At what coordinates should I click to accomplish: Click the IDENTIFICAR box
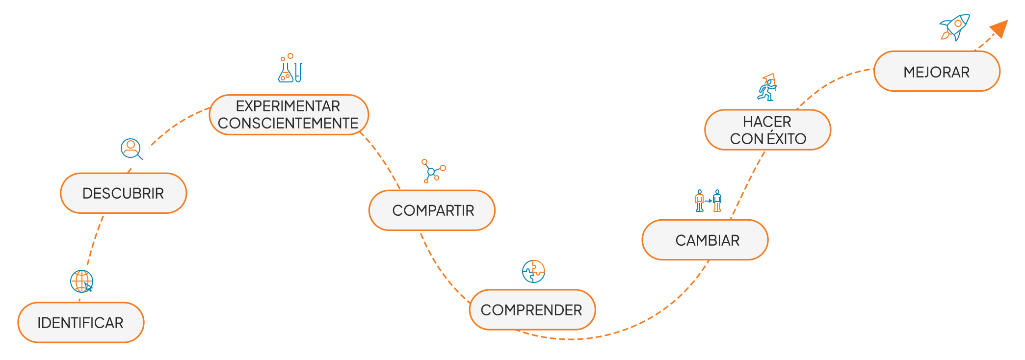tap(81, 322)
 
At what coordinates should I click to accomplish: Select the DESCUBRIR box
tap(123, 193)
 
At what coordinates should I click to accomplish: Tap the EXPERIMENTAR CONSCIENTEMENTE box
tap(289, 114)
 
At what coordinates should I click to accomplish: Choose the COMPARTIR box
tap(432, 210)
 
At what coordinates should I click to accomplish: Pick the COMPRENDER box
tap(532, 309)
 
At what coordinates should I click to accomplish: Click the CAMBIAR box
tap(705, 240)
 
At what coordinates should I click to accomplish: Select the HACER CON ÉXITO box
tap(767, 129)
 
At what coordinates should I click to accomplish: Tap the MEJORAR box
tap(936, 72)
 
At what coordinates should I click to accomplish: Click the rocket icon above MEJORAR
tap(955, 27)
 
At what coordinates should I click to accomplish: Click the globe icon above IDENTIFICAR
tap(81, 281)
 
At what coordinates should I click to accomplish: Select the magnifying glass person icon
tap(131, 149)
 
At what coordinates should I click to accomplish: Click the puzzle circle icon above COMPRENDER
tap(533, 271)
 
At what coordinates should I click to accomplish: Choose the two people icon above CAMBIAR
tap(708, 201)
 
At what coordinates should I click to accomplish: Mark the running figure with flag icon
tap(767, 88)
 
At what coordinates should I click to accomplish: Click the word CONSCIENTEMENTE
tap(288, 123)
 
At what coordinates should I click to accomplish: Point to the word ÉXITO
tap(787, 139)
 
